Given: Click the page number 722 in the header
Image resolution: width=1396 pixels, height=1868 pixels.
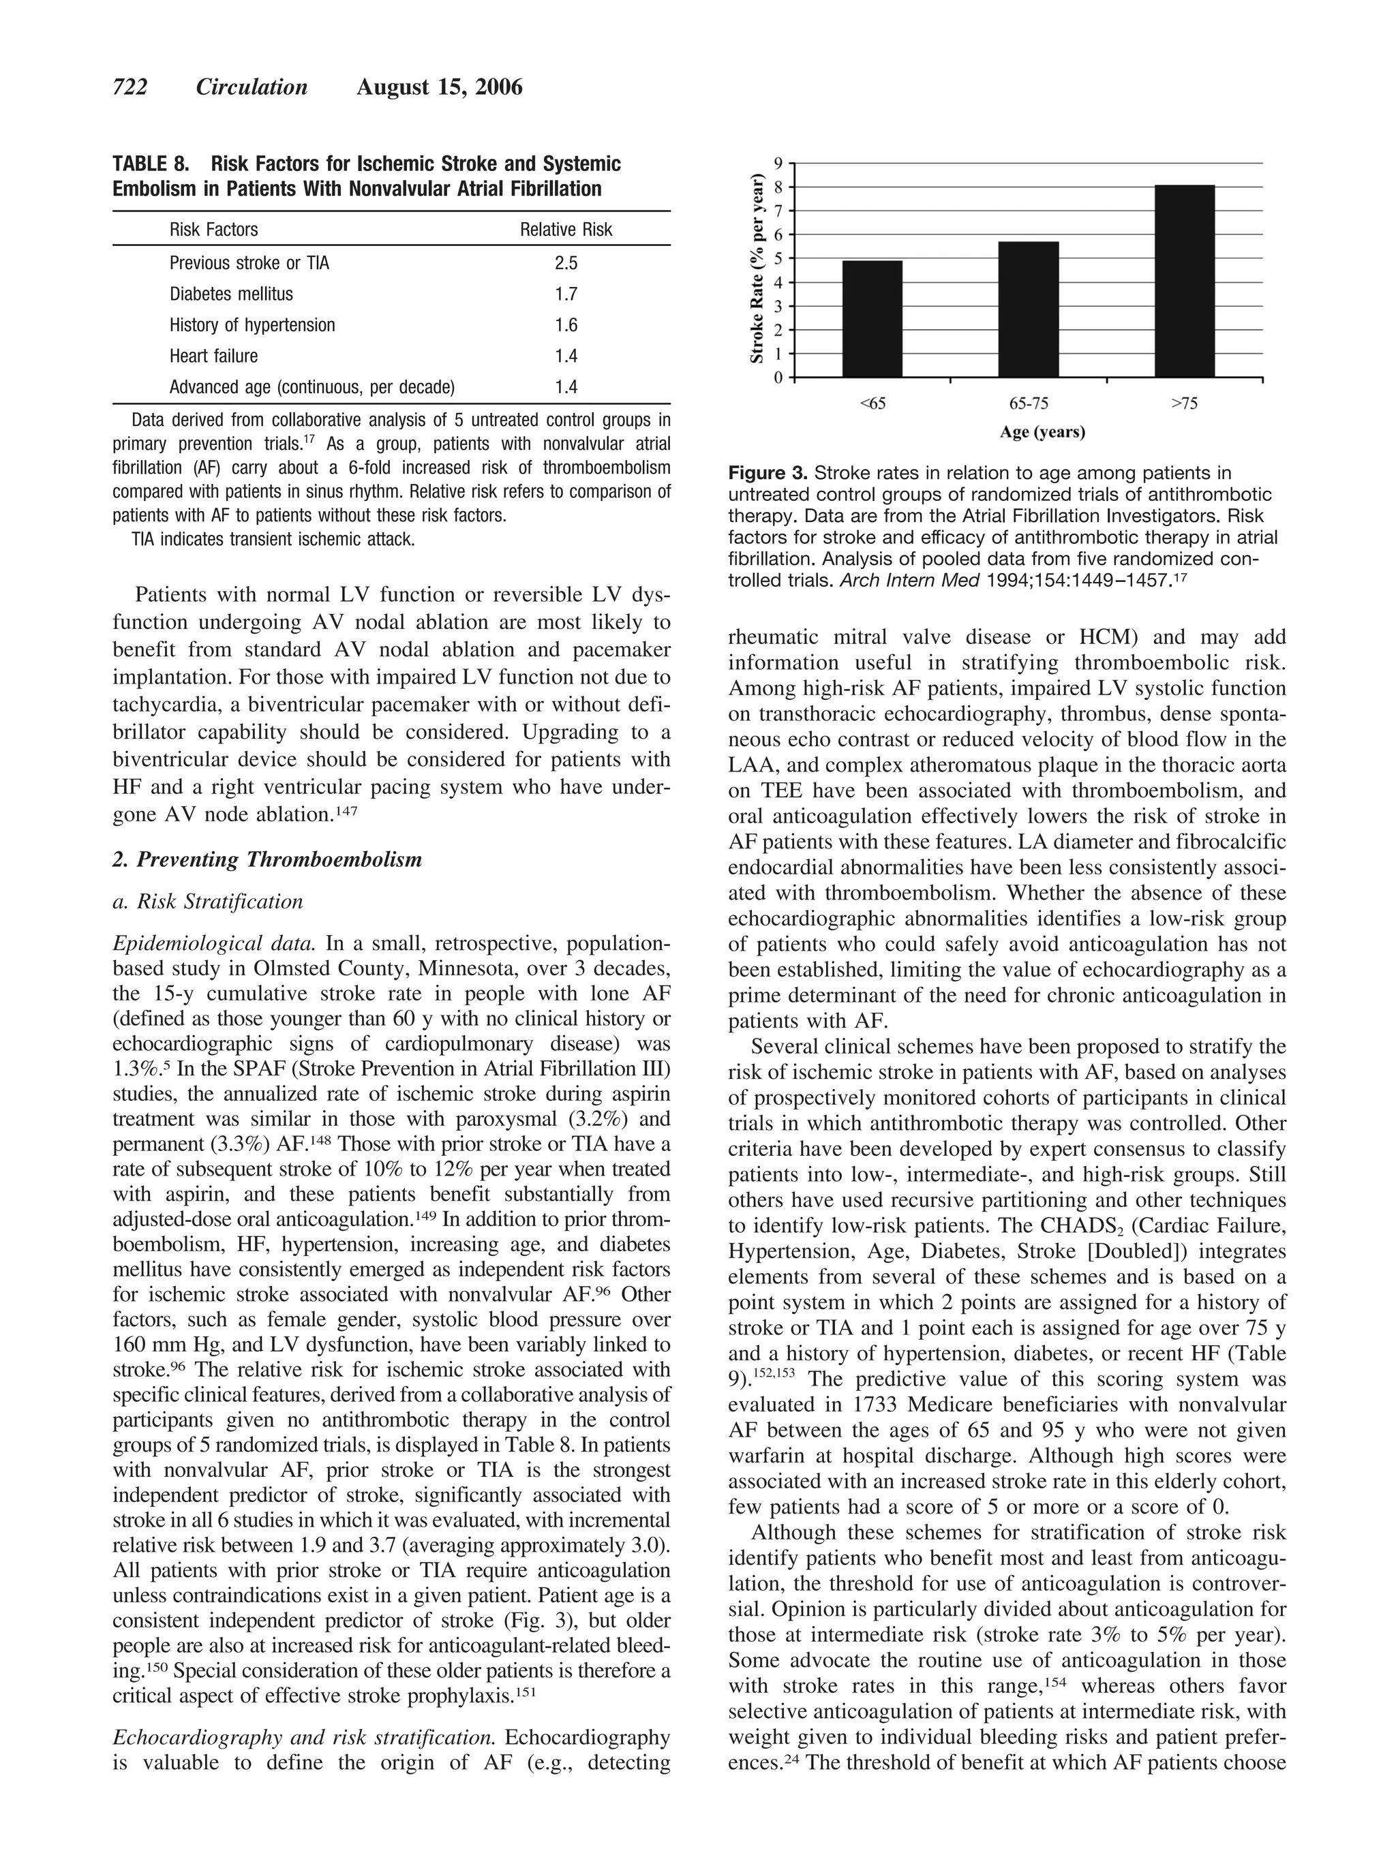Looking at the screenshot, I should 130,87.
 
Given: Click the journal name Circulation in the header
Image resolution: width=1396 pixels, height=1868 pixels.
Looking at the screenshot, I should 252,87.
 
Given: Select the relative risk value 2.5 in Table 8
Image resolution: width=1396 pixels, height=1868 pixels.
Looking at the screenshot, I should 566,264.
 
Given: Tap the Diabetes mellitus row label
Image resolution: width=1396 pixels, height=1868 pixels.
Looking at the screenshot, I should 231,294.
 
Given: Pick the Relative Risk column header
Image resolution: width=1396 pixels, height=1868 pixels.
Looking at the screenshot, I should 566,230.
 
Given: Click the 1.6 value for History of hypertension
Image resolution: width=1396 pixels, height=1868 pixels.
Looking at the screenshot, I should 566,325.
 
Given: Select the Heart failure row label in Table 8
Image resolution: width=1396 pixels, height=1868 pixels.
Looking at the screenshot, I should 213,356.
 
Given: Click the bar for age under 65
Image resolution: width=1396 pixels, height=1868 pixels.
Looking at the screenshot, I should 872,318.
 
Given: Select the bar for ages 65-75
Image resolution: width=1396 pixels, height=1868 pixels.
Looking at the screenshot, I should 1028,309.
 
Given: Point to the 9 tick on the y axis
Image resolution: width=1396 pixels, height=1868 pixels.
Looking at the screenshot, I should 778,162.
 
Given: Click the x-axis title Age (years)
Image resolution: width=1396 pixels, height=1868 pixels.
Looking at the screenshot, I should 1042,432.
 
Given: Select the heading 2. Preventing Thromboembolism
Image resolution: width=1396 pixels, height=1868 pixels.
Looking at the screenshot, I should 267,859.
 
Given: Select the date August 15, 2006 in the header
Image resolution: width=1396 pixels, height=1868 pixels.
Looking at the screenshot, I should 439,87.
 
